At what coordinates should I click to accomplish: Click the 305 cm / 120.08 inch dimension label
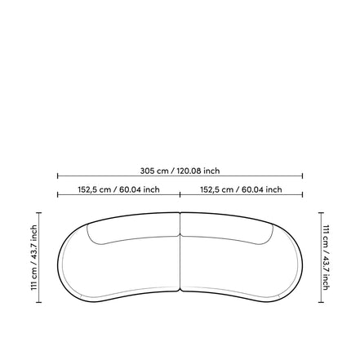180,171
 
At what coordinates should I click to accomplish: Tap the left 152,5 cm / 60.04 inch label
119,189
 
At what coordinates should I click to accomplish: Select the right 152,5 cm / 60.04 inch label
241,189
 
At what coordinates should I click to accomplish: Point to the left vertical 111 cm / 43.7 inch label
33,257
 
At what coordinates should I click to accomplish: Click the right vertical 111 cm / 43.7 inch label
326,257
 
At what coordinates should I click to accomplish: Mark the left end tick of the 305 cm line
58,176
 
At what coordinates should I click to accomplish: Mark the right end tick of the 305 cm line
303,176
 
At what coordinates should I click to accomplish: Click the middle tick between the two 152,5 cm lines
180,194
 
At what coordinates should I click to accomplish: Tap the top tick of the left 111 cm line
39,212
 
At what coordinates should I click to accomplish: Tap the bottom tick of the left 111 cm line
39,302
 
